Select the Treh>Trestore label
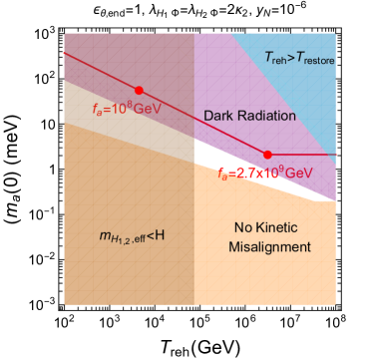point(299,58)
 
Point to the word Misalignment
point(269,246)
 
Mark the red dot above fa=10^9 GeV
point(139,91)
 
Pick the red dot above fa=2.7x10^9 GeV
point(267,155)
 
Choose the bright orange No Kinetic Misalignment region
point(264,269)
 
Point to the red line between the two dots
point(199,121)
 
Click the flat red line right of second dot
point(304,155)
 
